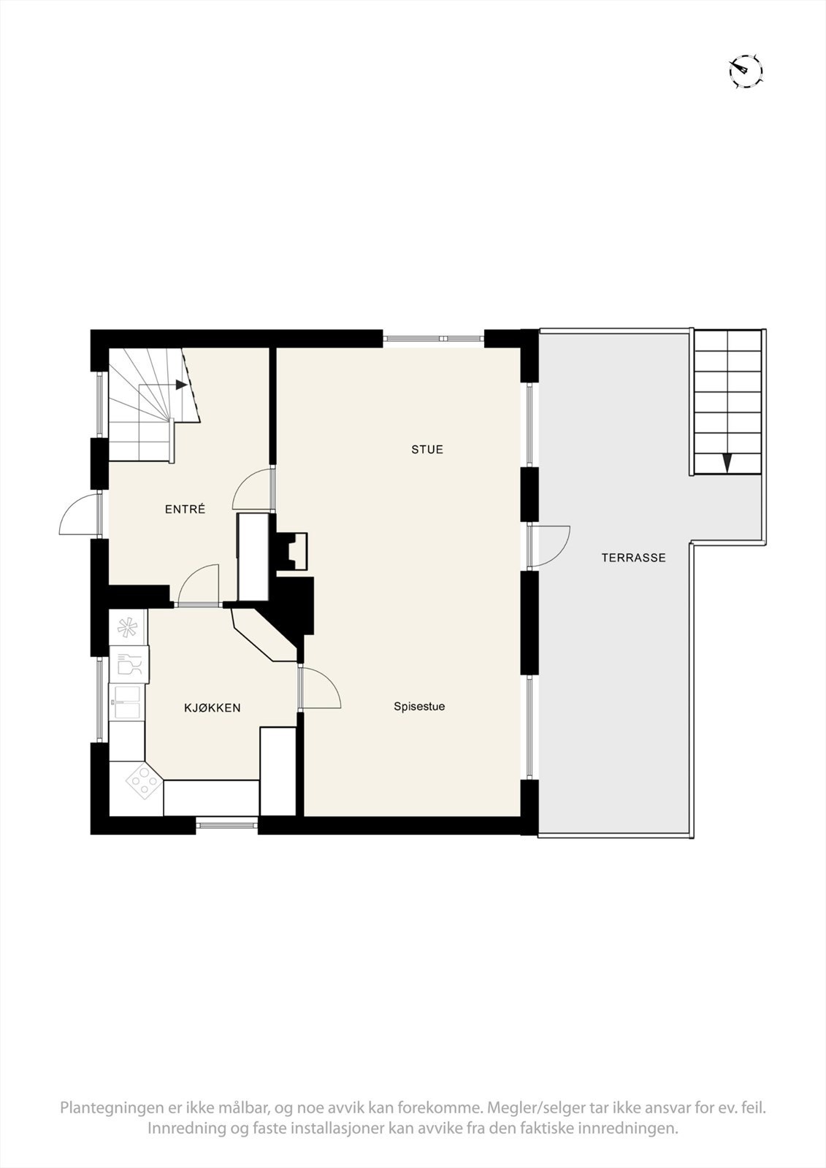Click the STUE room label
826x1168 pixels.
pos(427,450)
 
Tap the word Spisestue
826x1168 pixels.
pos(419,707)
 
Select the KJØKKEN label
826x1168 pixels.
pos(212,708)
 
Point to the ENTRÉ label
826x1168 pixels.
pos(185,510)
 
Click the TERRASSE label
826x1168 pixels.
pos(633,558)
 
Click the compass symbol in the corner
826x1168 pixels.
pos(745,71)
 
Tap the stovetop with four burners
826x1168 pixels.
pos(144,783)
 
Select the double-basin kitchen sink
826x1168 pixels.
pos(127,703)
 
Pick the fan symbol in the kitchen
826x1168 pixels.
pos(128,626)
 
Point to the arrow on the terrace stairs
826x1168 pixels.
pos(727,463)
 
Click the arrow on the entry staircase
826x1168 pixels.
pos(181,385)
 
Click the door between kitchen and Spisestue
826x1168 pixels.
pos(319,688)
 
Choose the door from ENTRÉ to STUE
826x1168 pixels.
pos(253,488)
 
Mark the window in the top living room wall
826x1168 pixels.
pos(434,338)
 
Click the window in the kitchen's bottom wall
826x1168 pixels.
pos(227,825)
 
